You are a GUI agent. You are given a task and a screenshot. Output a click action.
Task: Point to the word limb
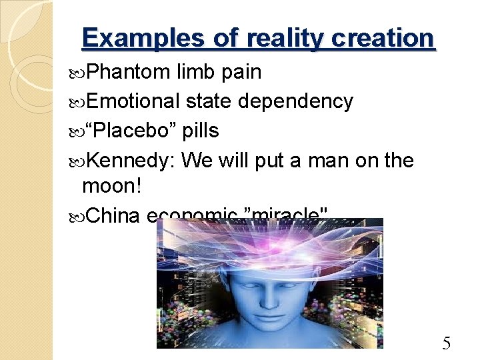coord(197,72)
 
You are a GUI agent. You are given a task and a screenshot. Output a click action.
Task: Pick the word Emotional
coord(133,101)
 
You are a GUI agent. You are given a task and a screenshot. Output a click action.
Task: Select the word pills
coord(201,131)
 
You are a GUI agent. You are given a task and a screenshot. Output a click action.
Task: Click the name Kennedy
coord(131,160)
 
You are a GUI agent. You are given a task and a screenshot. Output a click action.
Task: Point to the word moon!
coord(112,186)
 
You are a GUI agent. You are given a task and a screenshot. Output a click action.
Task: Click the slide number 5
coord(447,344)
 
